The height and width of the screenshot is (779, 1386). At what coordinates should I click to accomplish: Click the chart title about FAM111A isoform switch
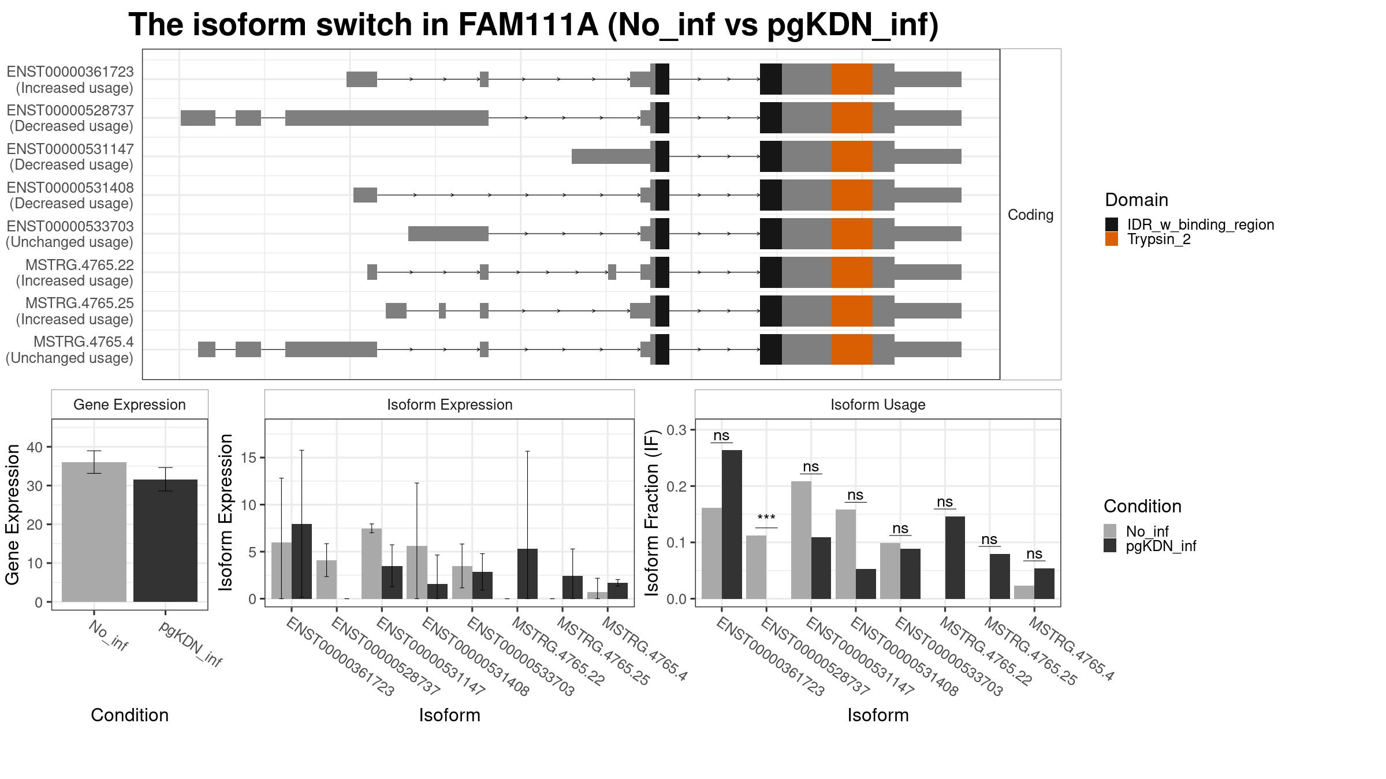(x=533, y=25)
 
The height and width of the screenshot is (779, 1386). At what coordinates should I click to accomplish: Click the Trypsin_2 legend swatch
(x=1111, y=239)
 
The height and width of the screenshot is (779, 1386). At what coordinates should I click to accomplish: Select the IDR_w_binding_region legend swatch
(x=1111, y=224)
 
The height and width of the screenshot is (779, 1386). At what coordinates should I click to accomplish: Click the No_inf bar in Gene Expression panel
(x=94, y=531)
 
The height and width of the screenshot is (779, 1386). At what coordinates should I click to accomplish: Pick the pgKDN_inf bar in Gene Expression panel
(x=165, y=540)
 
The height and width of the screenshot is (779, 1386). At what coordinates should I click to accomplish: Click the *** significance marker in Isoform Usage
(x=766, y=518)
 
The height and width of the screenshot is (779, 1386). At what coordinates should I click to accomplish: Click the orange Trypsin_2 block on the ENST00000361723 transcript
(x=852, y=79)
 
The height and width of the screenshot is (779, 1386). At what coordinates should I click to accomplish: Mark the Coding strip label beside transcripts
(x=1030, y=215)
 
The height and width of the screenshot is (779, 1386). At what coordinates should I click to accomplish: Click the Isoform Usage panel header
(x=877, y=405)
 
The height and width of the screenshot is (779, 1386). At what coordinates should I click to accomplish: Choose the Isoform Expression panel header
(x=449, y=405)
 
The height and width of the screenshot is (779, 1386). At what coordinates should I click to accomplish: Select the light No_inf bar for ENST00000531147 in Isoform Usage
(x=801, y=540)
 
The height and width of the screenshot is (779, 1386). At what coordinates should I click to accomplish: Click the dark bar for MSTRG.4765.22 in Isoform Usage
(x=955, y=557)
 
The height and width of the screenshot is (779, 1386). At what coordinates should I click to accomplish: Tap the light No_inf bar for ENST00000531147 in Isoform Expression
(x=371, y=564)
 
